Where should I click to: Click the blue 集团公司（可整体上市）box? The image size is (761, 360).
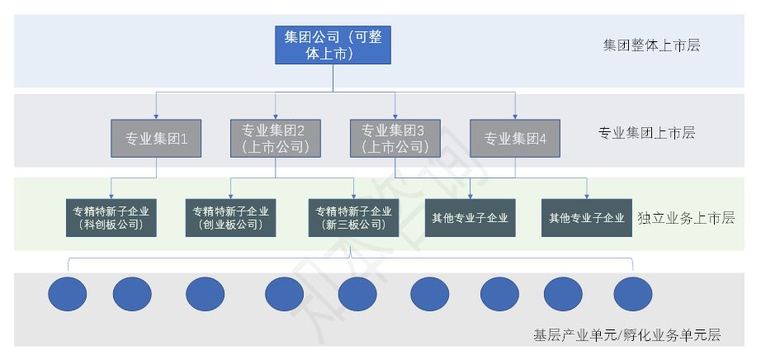coord(333,45)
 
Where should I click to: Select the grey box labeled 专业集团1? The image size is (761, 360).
coord(157,139)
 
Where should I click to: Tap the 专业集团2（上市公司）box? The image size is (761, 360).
coord(275,139)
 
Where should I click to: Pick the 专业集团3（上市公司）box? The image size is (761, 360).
coord(395,139)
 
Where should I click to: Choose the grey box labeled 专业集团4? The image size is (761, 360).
coord(515,139)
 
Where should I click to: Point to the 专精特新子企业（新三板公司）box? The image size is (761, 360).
coord(353,217)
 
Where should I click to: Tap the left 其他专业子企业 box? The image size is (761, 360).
coord(470,218)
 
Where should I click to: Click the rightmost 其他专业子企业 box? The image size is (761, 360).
coord(587,218)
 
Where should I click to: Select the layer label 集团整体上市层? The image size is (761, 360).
coord(651,45)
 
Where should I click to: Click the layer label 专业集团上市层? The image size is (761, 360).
coord(646,132)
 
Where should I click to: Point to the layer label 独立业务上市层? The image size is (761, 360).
coord(686,218)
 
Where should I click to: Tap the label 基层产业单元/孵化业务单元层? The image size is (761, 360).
coord(627,335)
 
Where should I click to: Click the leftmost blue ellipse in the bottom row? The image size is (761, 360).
coord(68,293)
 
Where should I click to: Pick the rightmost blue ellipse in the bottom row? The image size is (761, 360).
coord(633,293)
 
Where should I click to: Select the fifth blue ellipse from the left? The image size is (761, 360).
coord(357,293)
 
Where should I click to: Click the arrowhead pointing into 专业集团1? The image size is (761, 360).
coord(157,116)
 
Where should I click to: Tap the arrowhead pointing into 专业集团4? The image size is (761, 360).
coord(515,116)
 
